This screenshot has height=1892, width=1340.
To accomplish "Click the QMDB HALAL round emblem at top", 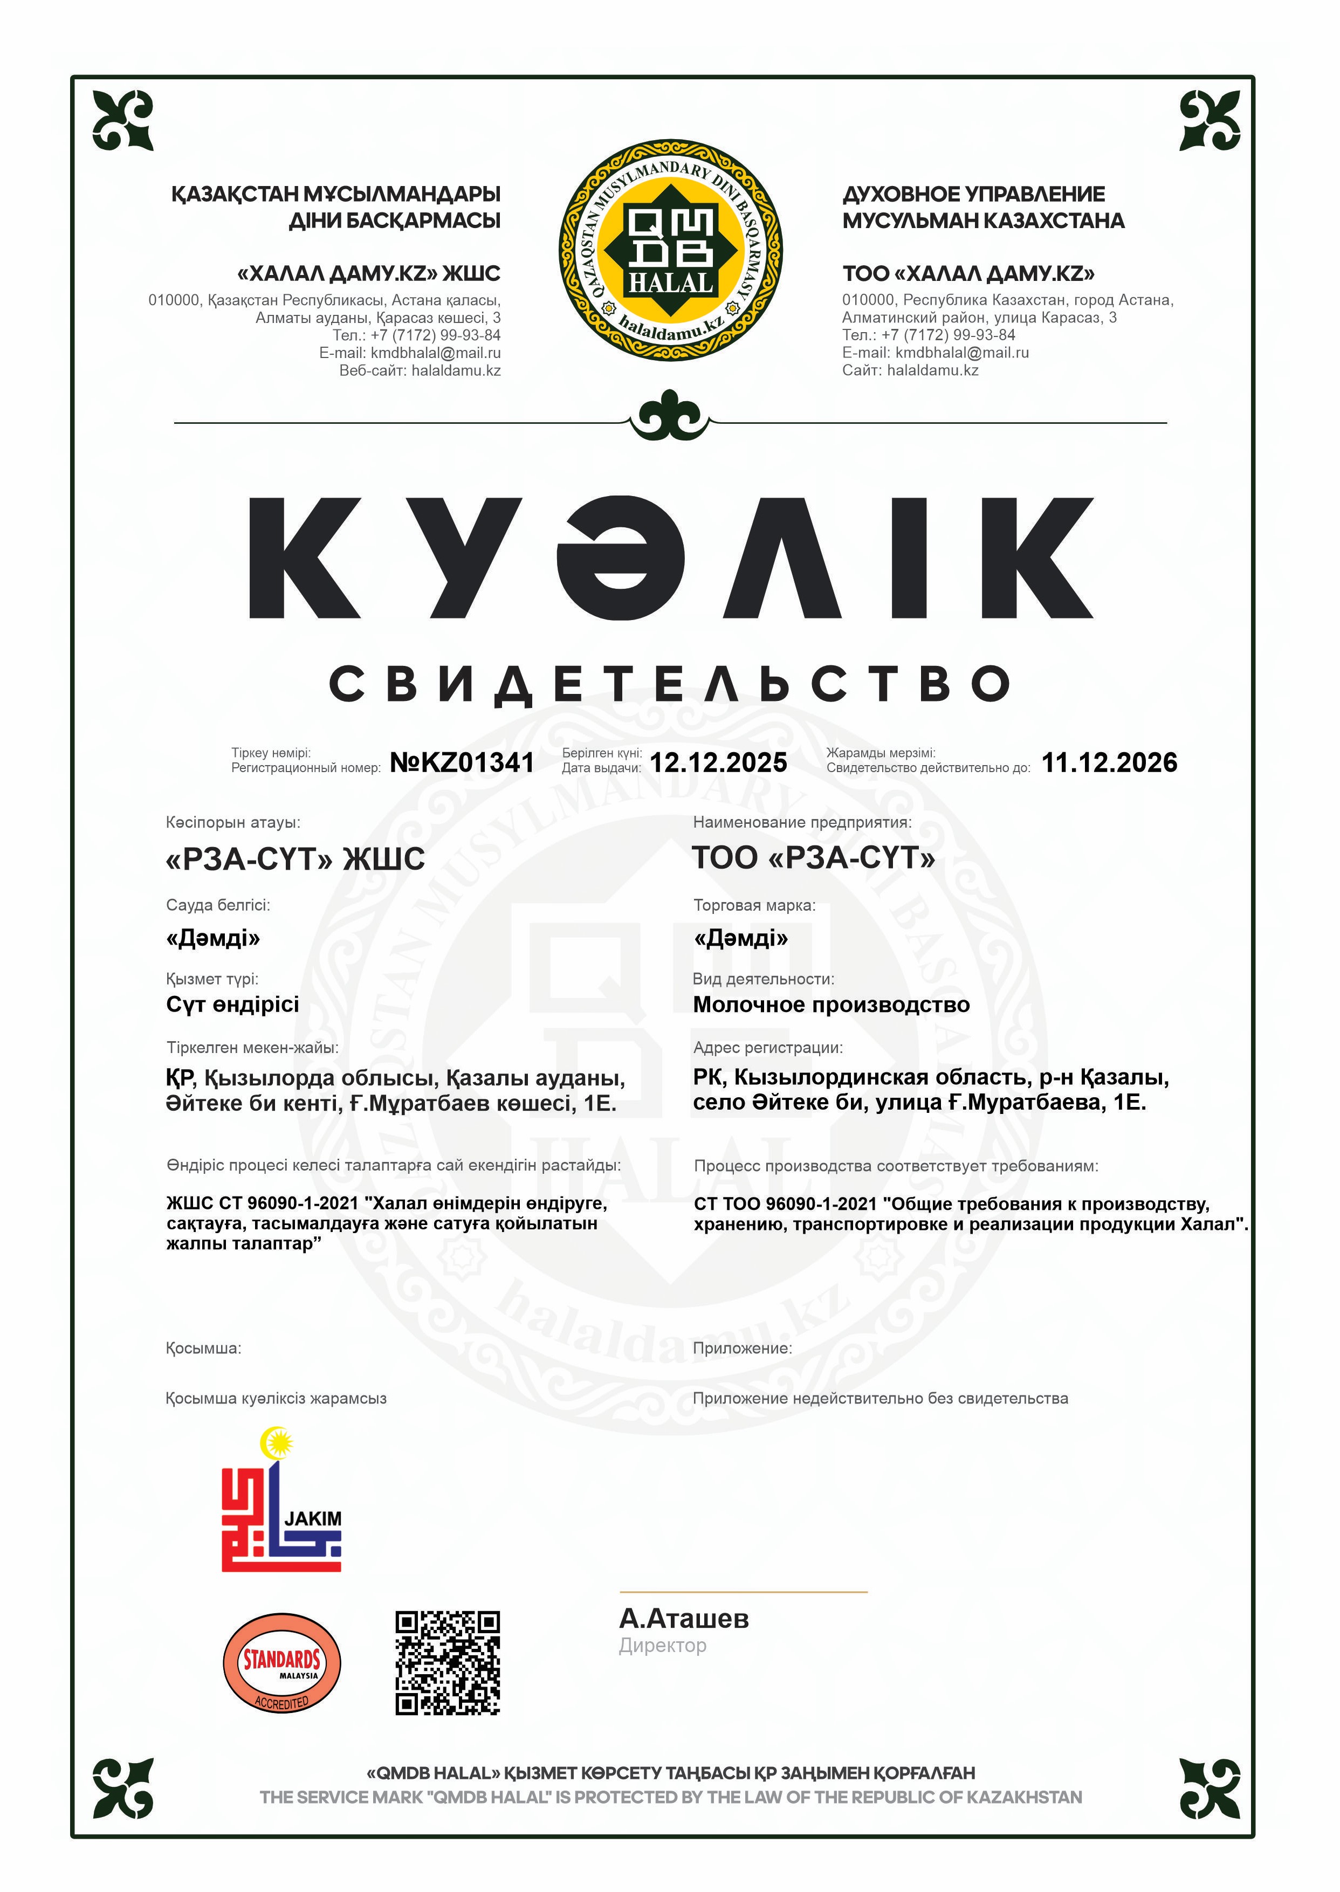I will click(x=670, y=250).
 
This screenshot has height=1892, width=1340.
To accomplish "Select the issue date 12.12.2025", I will click(x=718, y=762).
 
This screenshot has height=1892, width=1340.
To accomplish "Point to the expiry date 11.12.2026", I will click(x=1109, y=762).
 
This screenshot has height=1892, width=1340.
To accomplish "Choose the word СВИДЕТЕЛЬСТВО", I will click(x=670, y=684).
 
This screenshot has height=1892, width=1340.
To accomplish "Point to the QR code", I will click(x=447, y=1663).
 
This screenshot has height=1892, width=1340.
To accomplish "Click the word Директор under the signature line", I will click(x=663, y=1645).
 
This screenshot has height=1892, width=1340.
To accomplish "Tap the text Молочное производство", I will click(x=831, y=1005).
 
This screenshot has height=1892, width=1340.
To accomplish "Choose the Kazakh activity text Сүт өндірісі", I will click(x=233, y=1005).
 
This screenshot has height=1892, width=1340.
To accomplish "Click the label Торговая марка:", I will click(x=754, y=905).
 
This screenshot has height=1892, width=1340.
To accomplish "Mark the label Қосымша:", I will click(x=203, y=1349).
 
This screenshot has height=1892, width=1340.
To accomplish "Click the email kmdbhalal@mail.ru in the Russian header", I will click(x=962, y=352).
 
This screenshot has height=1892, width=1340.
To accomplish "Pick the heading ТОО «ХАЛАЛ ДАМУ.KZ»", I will click(x=968, y=273).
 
